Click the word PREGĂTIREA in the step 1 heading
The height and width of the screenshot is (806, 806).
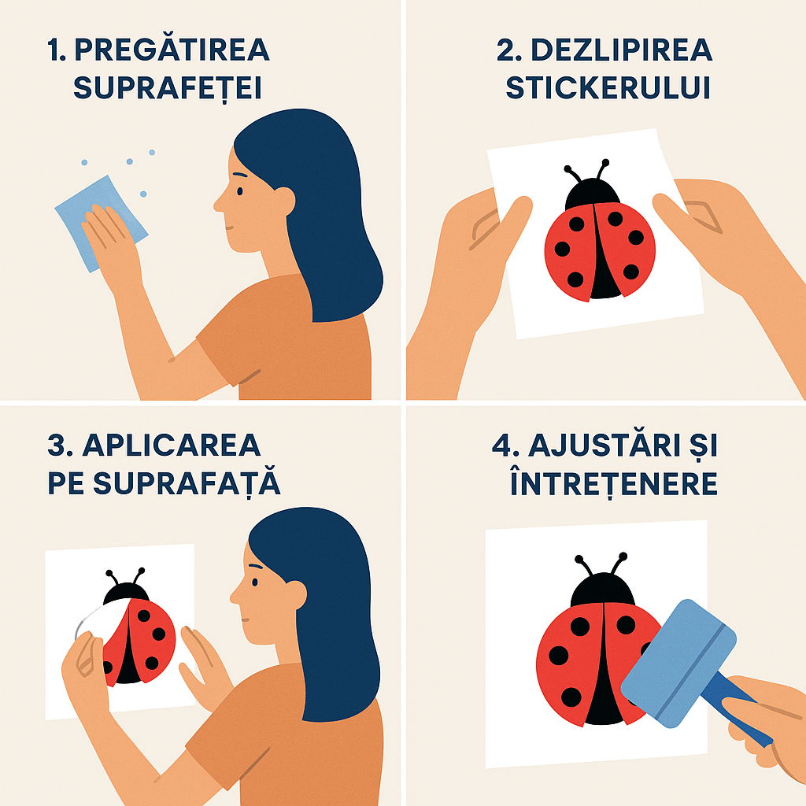(x=172, y=50)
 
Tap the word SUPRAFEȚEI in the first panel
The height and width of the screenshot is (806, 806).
(x=168, y=88)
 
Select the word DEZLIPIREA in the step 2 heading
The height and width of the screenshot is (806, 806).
(x=622, y=50)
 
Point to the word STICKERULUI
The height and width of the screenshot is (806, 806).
(x=608, y=88)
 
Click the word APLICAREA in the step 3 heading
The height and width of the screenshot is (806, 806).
(x=172, y=446)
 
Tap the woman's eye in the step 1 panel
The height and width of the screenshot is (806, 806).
(x=239, y=192)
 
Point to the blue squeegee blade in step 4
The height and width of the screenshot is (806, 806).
(x=678, y=663)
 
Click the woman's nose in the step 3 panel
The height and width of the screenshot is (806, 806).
(x=235, y=597)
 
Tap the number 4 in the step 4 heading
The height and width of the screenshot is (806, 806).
(x=501, y=446)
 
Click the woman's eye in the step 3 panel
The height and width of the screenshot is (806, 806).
(x=255, y=582)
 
